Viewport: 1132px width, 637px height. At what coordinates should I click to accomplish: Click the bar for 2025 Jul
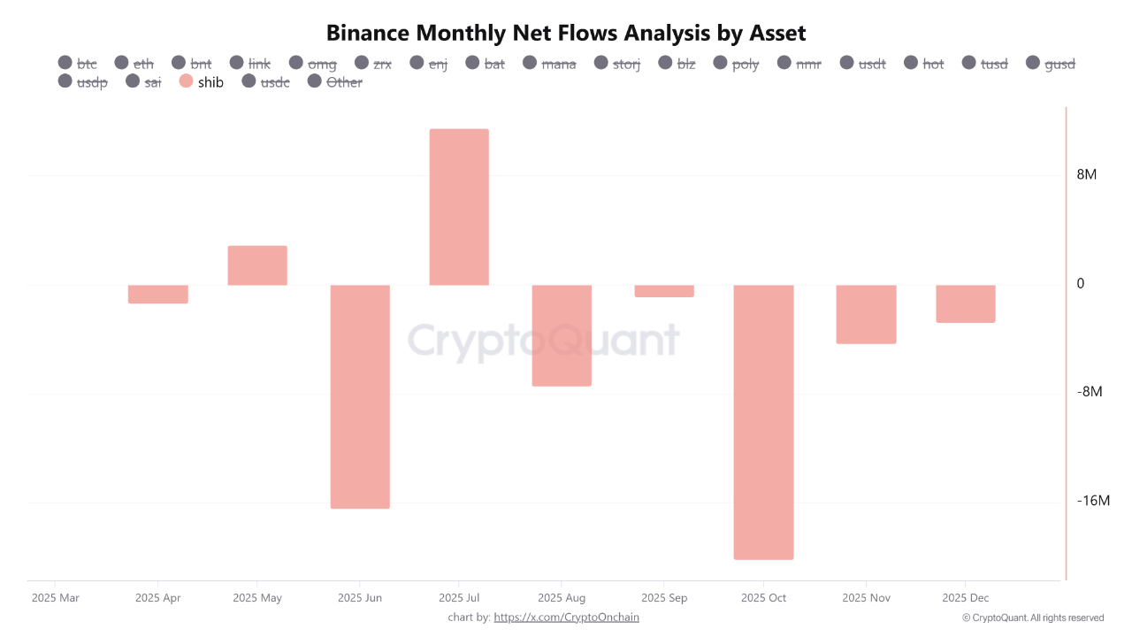[459, 207]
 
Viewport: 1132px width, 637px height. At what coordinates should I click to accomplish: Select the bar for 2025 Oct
[763, 422]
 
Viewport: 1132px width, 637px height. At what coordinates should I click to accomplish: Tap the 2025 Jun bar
[360, 396]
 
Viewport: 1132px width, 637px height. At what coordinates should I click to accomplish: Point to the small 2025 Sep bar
[664, 291]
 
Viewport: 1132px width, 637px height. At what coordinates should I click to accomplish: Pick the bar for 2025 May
[257, 265]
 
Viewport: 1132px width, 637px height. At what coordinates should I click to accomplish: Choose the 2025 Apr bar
[158, 294]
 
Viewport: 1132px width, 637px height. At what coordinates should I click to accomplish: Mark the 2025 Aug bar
[562, 335]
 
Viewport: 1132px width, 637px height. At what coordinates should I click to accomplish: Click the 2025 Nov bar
[866, 314]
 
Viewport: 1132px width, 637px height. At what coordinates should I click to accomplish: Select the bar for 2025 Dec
[966, 303]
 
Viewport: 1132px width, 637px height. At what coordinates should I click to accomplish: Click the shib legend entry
[202, 82]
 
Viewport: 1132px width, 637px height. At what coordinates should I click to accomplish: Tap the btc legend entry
[78, 64]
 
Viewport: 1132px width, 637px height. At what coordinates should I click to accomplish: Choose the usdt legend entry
[862, 64]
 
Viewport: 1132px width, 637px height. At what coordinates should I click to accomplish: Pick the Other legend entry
[335, 82]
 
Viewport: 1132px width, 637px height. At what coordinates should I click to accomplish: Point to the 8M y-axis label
[1086, 174]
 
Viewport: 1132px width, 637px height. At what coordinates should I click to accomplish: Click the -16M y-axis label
[1093, 501]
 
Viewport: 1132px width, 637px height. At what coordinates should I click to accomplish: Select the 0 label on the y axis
[1081, 283]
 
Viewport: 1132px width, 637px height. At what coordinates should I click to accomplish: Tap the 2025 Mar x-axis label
[55, 598]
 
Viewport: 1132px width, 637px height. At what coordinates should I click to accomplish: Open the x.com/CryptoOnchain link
[566, 617]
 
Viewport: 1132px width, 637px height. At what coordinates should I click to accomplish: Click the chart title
[566, 34]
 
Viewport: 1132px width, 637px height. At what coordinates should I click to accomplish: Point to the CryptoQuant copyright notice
[1032, 618]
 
